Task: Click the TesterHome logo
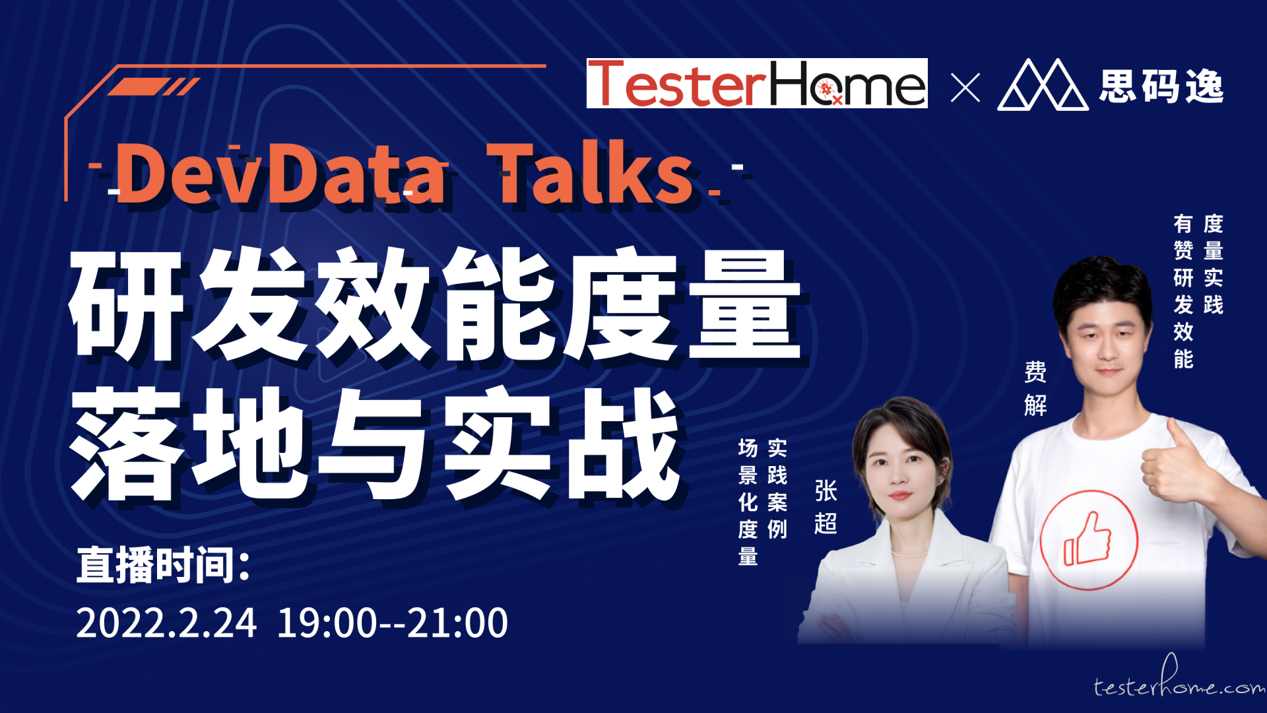coord(757,83)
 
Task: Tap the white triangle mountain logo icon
coord(1043,85)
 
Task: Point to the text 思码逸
coord(1161,86)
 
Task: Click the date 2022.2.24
coord(166,623)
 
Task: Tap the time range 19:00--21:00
coord(393,623)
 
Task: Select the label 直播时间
coord(164,565)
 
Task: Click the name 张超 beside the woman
coord(826,507)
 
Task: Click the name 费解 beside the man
coord(1035,388)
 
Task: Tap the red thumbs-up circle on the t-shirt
coord(1089,539)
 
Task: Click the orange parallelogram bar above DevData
coord(138,86)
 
